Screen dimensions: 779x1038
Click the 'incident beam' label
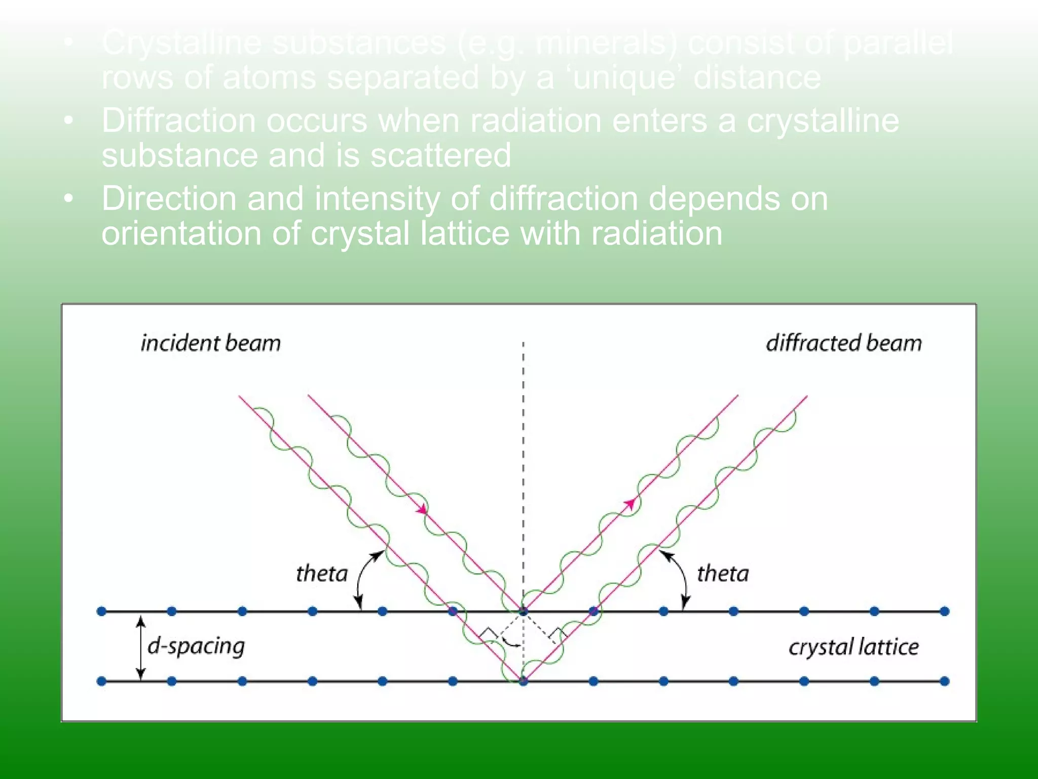tap(210, 343)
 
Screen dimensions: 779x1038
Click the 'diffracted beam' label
tap(843, 343)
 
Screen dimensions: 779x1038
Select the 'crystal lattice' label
tap(854, 647)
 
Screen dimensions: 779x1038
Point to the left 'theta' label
tap(322, 574)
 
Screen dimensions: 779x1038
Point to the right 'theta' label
tap(723, 574)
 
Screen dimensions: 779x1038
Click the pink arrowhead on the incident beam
tap(422, 509)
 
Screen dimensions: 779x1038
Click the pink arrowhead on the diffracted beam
tap(629, 503)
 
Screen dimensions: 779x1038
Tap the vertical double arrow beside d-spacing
tap(141, 647)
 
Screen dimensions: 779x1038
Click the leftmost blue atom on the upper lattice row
tap(101, 611)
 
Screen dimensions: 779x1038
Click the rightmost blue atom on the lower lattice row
tap(944, 681)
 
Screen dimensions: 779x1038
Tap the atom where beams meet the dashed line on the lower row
tap(523, 681)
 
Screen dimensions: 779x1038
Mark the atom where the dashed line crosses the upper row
tap(523, 611)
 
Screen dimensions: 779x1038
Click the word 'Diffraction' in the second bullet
tap(178, 121)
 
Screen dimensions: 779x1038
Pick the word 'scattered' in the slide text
tap(440, 155)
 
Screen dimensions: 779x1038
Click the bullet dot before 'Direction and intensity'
tap(69, 198)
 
